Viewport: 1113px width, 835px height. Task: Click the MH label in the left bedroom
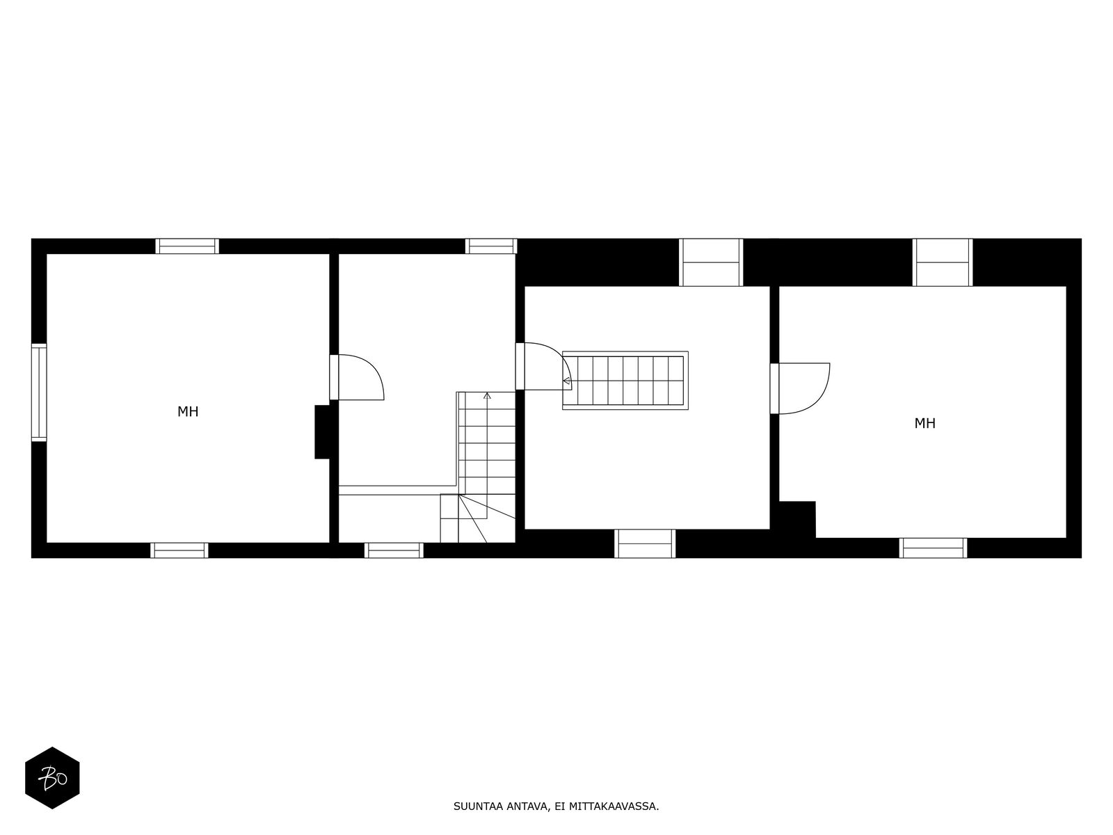click(x=188, y=412)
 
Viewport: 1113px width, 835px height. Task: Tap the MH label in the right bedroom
click(x=924, y=423)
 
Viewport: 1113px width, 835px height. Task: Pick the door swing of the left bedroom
click(x=358, y=377)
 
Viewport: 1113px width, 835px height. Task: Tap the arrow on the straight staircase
click(x=567, y=381)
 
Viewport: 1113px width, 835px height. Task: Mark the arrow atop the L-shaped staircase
click(x=487, y=396)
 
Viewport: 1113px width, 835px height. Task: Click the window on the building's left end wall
click(x=39, y=392)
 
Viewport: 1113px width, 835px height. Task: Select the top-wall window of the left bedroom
click(x=187, y=246)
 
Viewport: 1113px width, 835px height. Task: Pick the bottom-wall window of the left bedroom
click(x=179, y=550)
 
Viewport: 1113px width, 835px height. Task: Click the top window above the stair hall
click(x=491, y=246)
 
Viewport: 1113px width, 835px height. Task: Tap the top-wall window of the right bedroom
click(x=943, y=262)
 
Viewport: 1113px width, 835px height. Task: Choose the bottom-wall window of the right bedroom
click(x=933, y=548)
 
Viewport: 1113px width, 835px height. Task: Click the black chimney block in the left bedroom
click(x=322, y=432)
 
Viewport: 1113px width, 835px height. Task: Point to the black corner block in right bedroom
click(x=797, y=519)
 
